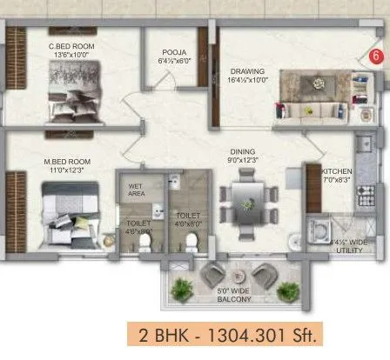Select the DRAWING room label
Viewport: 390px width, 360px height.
[x=247, y=71]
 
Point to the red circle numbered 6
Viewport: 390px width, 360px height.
[x=375, y=56]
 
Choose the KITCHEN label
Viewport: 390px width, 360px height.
[x=336, y=172]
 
